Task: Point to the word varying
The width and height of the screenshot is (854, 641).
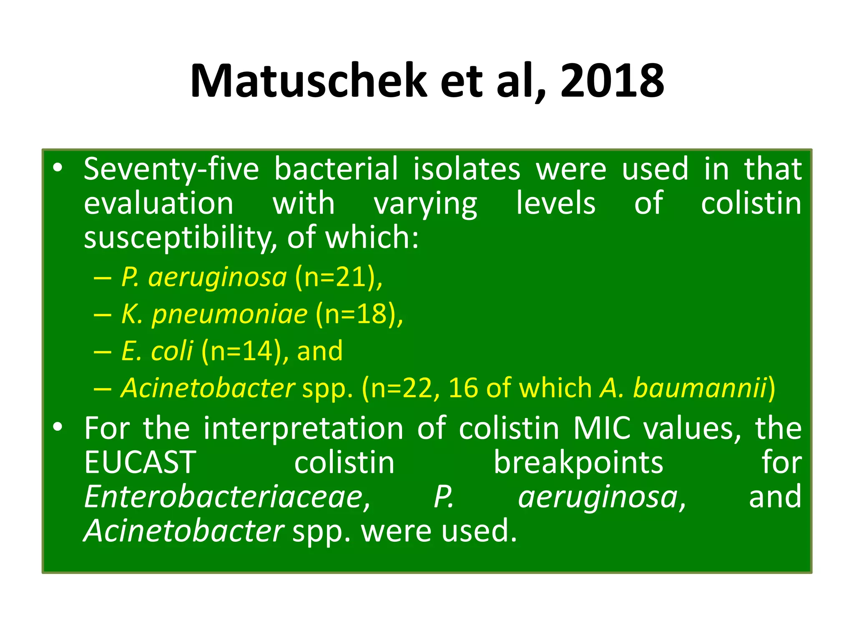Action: (425, 204)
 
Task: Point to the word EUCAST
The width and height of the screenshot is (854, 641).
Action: (140, 462)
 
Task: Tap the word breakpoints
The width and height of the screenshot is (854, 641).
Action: (578, 462)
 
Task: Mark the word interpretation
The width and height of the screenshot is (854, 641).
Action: (303, 428)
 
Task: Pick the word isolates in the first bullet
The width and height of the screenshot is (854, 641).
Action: (467, 169)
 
